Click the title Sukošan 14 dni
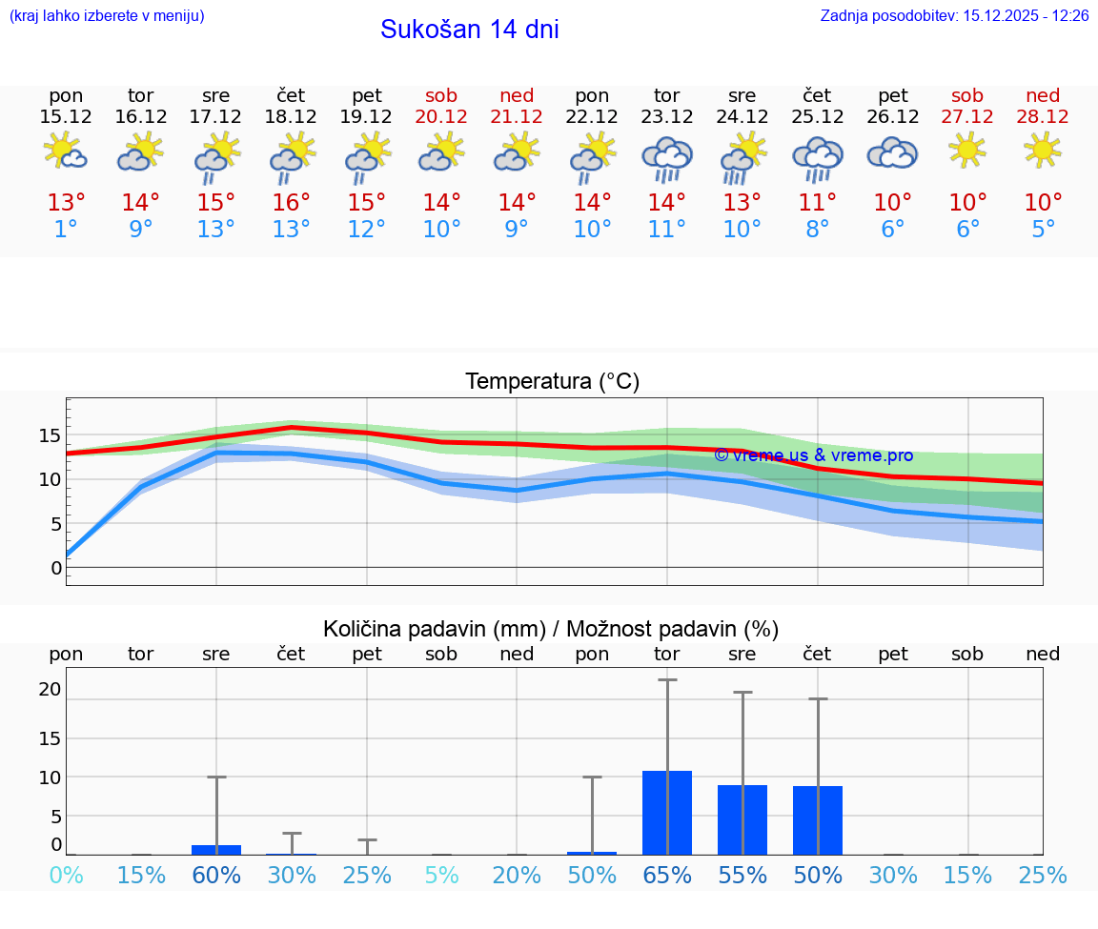point(469,30)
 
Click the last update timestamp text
point(954,16)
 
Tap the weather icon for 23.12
point(667,157)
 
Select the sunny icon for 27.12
point(967,149)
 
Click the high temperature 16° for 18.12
point(292,203)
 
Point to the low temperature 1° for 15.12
point(66,230)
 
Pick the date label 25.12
point(818,117)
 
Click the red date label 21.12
point(517,117)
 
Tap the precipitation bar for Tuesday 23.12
point(667,813)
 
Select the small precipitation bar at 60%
point(216,849)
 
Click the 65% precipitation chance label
point(667,876)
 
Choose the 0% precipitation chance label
point(66,876)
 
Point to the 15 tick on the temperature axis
point(51,435)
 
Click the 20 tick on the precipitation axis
point(51,690)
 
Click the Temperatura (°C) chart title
point(552,382)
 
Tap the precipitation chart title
point(551,629)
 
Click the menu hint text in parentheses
point(107,16)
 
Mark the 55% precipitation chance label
point(742,876)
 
